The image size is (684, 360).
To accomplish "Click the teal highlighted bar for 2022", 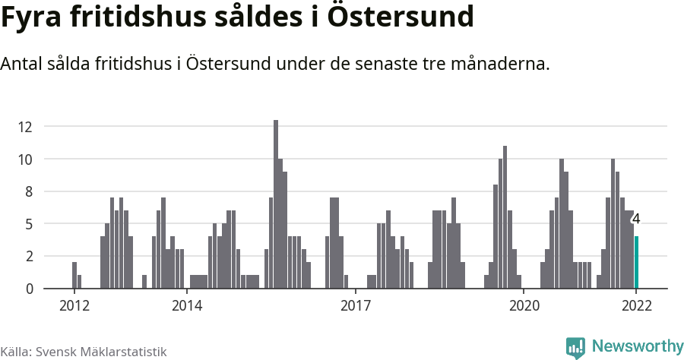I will (x=637, y=263).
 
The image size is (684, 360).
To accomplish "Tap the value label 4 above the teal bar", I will (x=636, y=219).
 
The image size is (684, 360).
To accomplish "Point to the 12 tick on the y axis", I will (x=27, y=127).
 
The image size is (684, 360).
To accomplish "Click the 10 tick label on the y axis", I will (x=27, y=159).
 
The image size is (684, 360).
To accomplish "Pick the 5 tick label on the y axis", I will (x=29, y=224).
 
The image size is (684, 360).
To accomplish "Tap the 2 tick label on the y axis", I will (x=29, y=257).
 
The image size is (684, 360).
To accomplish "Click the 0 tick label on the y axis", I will (x=29, y=289).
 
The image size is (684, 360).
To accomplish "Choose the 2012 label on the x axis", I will (x=74, y=306).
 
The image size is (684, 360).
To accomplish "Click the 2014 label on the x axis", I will (x=186, y=306).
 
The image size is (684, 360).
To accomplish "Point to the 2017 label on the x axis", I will (x=355, y=306).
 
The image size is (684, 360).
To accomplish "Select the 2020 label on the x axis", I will (x=523, y=306).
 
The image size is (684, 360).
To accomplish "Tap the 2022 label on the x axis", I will (x=636, y=306).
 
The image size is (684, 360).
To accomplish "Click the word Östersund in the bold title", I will (x=403, y=17).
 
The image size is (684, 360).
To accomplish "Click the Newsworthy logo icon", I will (x=575, y=348).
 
